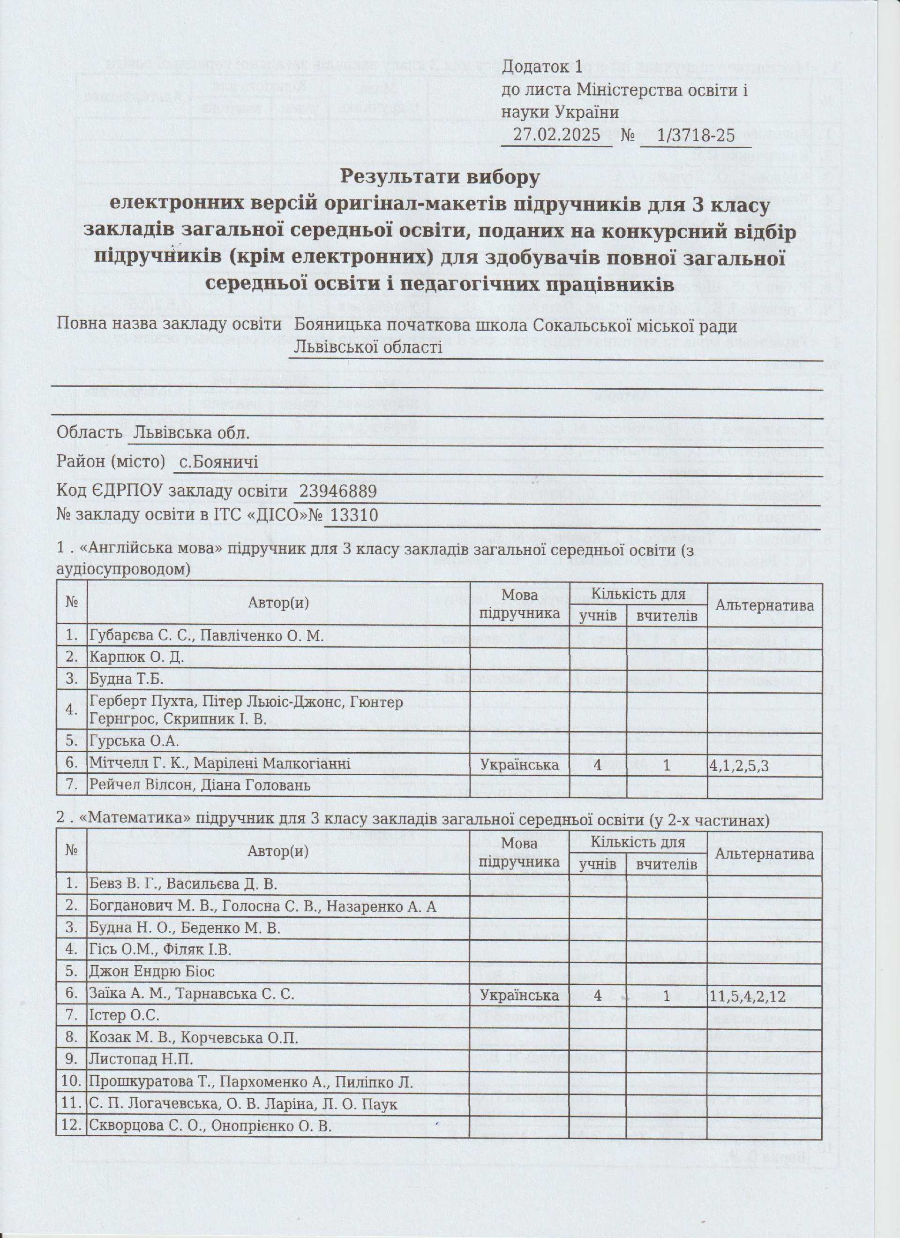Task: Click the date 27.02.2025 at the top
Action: (x=557, y=134)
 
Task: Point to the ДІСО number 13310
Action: (x=351, y=515)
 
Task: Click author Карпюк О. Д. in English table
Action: (x=136, y=657)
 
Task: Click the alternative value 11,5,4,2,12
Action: (x=747, y=995)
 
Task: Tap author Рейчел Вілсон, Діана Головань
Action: (x=200, y=786)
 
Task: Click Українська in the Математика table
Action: (x=519, y=995)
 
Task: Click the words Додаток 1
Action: (x=542, y=67)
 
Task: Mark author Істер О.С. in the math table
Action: (x=124, y=1015)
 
